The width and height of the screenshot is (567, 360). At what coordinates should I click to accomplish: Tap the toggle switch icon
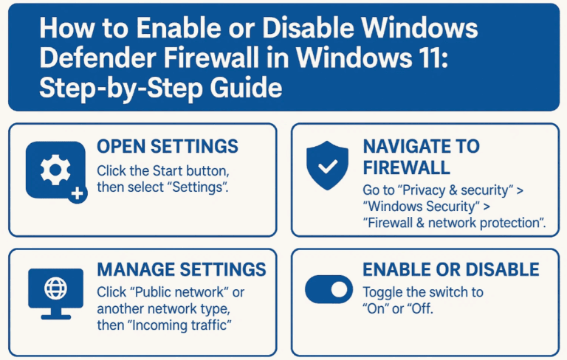(329, 290)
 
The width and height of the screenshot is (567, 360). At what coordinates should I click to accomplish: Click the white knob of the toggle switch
(340, 290)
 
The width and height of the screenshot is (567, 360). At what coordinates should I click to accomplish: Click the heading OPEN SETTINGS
(168, 146)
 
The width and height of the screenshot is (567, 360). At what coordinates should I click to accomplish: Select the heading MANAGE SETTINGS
(181, 269)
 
